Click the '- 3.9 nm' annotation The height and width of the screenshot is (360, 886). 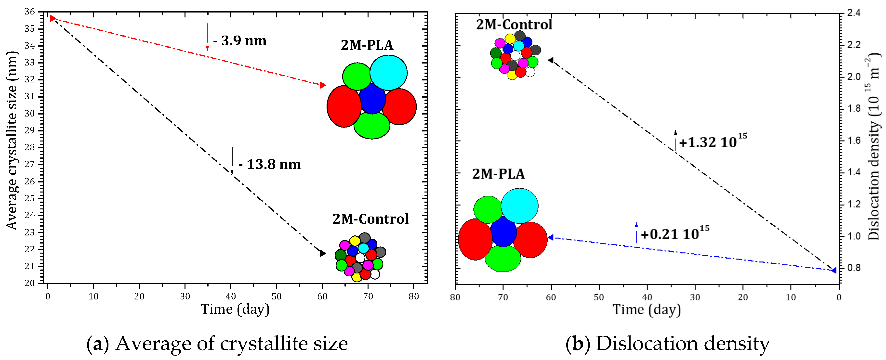[240, 41]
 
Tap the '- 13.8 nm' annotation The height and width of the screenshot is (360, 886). [270, 164]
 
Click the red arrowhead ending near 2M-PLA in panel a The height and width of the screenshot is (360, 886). [323, 85]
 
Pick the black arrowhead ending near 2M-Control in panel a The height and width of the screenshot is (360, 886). [323, 253]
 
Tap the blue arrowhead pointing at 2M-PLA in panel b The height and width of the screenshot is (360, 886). [551, 237]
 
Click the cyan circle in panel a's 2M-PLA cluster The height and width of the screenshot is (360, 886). [388, 73]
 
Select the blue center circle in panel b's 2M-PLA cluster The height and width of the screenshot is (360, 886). [503, 232]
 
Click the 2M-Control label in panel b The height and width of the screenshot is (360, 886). [514, 25]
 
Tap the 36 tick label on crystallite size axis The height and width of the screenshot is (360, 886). [30, 12]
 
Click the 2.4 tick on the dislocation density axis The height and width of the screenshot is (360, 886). [854, 13]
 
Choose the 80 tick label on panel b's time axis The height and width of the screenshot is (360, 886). [455, 297]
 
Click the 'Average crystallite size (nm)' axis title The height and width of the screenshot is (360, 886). [12, 140]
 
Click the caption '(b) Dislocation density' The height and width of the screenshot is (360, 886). [667, 344]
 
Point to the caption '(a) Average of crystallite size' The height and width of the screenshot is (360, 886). [217, 344]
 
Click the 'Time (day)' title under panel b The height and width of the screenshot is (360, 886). [646, 309]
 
